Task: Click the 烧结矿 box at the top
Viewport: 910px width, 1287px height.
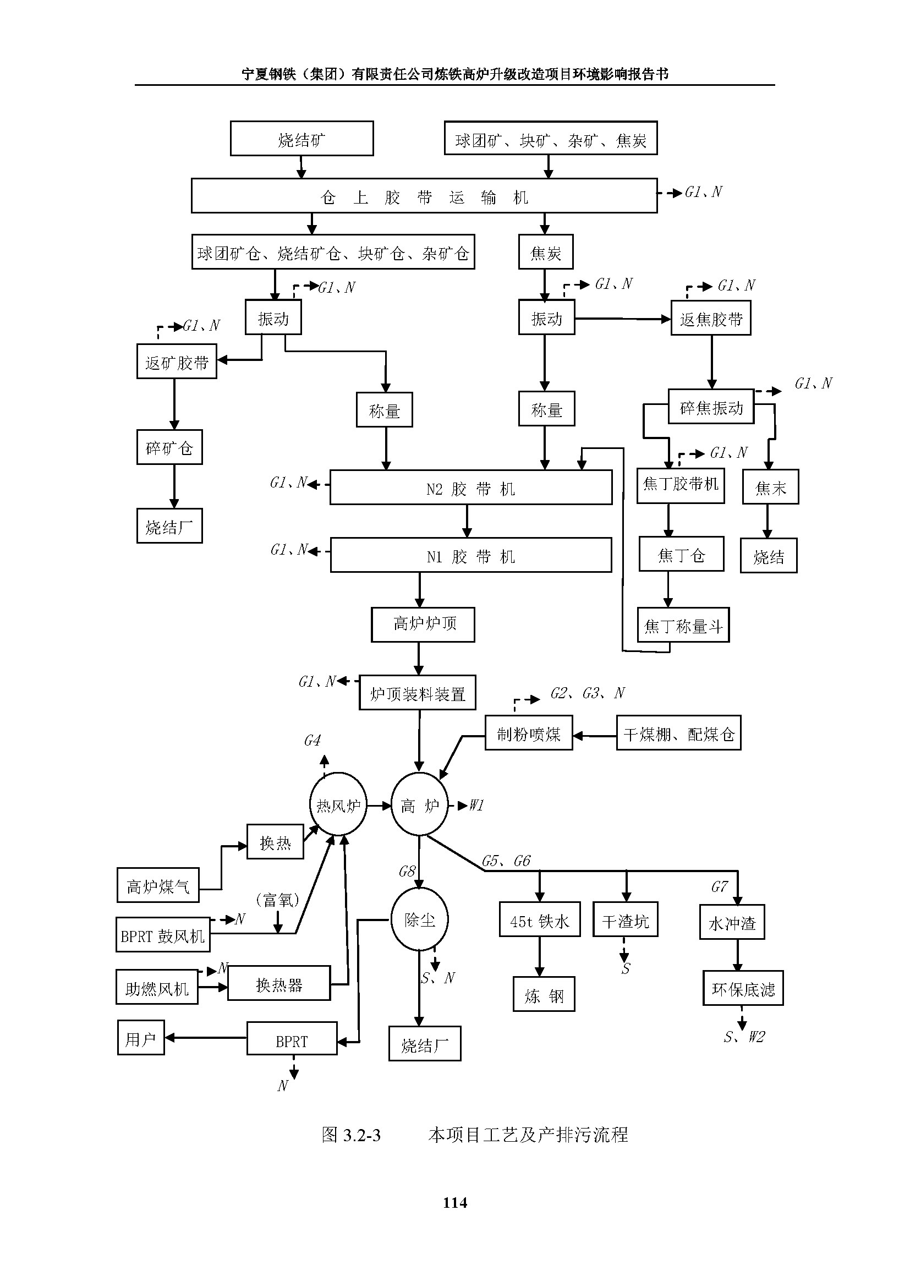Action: click(301, 139)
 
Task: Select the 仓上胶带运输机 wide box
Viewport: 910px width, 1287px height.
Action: click(424, 196)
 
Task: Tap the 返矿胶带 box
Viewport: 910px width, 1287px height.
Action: click(177, 362)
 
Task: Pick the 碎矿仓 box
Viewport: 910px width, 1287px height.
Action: click(169, 447)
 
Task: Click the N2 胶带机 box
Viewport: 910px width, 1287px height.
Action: click(471, 488)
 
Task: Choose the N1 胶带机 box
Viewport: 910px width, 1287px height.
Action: click(471, 556)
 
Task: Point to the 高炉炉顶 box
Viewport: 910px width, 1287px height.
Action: click(423, 625)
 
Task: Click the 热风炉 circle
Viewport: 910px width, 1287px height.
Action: click(338, 806)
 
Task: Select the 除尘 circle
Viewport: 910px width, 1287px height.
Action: click(419, 919)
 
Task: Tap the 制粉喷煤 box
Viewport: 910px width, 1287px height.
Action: click(528, 733)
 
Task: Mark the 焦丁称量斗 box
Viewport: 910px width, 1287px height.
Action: click(683, 625)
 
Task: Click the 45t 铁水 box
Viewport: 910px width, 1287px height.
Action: click(540, 920)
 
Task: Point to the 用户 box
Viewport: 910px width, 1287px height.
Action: click(141, 1038)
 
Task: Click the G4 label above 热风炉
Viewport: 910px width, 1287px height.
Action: click(312, 741)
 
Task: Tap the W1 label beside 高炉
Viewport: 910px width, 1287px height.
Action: click(476, 806)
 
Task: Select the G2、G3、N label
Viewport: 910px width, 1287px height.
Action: click(587, 693)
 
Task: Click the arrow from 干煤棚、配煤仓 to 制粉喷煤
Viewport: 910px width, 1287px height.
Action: click(595, 736)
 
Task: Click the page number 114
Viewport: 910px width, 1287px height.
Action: click(455, 1203)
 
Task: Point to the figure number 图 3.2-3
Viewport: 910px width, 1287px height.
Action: click(352, 1135)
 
